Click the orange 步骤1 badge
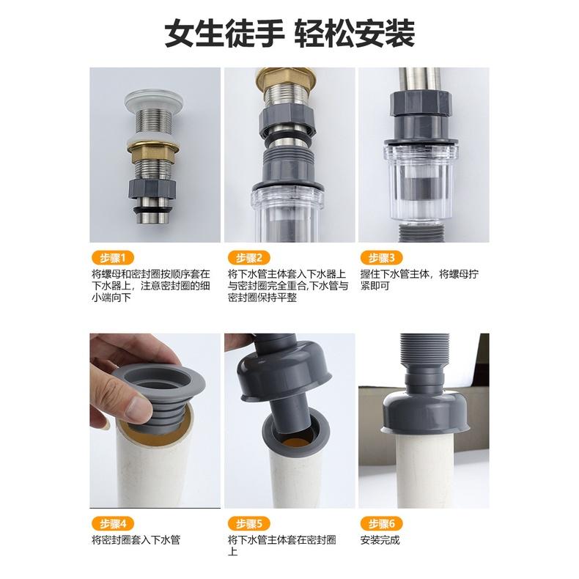pos(113,257)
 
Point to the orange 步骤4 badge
pos(113,523)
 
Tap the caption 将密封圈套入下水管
pos(136,540)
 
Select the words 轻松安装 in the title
pos(355,33)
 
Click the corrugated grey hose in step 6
pos(424,356)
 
